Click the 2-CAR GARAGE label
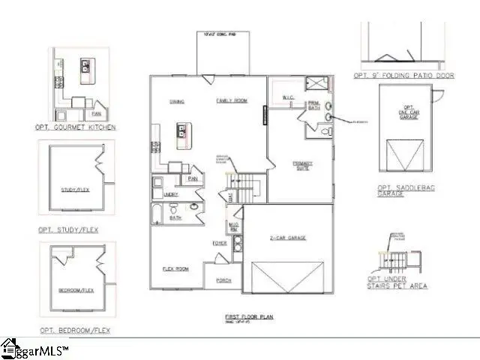tap(287, 238)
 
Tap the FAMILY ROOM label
tap(232, 101)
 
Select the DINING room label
tap(177, 101)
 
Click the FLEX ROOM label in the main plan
tap(175, 268)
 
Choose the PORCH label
tap(223, 280)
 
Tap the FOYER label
tap(219, 243)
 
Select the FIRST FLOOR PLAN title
tap(249, 316)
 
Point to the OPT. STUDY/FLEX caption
tap(68, 229)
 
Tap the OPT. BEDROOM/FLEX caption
tap(75, 330)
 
